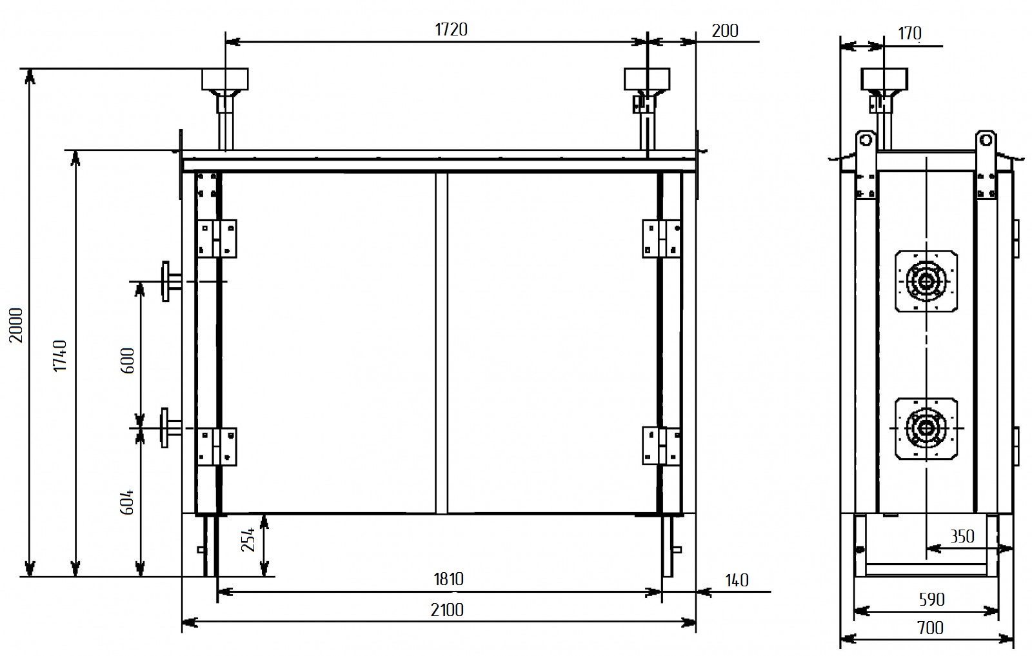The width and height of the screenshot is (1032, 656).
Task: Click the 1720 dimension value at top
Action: [451, 30]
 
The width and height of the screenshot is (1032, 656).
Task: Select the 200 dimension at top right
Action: [725, 30]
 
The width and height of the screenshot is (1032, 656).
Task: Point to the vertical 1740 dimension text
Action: [60, 355]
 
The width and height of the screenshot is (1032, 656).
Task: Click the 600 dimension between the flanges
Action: [128, 361]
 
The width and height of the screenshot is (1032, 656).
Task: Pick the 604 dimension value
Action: [128, 501]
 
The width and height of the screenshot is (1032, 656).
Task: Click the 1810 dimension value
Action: [448, 579]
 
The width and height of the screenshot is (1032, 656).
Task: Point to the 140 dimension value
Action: [737, 581]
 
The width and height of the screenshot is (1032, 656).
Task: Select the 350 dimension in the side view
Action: [962, 537]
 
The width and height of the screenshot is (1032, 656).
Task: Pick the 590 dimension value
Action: [931, 600]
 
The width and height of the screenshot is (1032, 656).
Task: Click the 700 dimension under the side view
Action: [929, 628]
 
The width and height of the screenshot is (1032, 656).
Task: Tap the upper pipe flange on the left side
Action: [169, 281]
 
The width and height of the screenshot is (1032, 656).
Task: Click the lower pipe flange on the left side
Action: [169, 427]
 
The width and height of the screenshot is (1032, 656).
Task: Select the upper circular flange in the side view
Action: [926, 282]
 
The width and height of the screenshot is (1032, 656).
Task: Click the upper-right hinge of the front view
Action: [662, 239]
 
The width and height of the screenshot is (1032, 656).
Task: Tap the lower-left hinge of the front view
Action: [217, 446]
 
